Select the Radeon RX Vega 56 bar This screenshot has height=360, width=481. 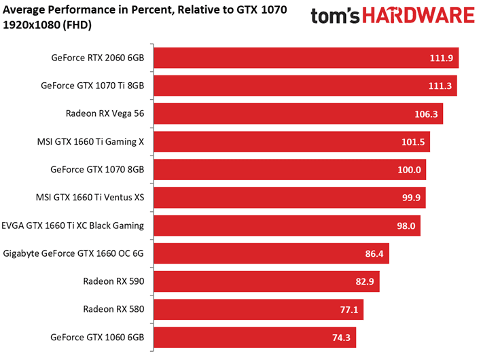[299, 114]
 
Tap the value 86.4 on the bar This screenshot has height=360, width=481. [374, 253]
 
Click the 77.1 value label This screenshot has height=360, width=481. [349, 309]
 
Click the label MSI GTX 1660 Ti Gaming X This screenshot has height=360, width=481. [95, 142]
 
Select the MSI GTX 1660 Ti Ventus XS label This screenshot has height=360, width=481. [94, 198]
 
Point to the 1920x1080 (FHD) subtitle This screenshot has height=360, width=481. [48, 25]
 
